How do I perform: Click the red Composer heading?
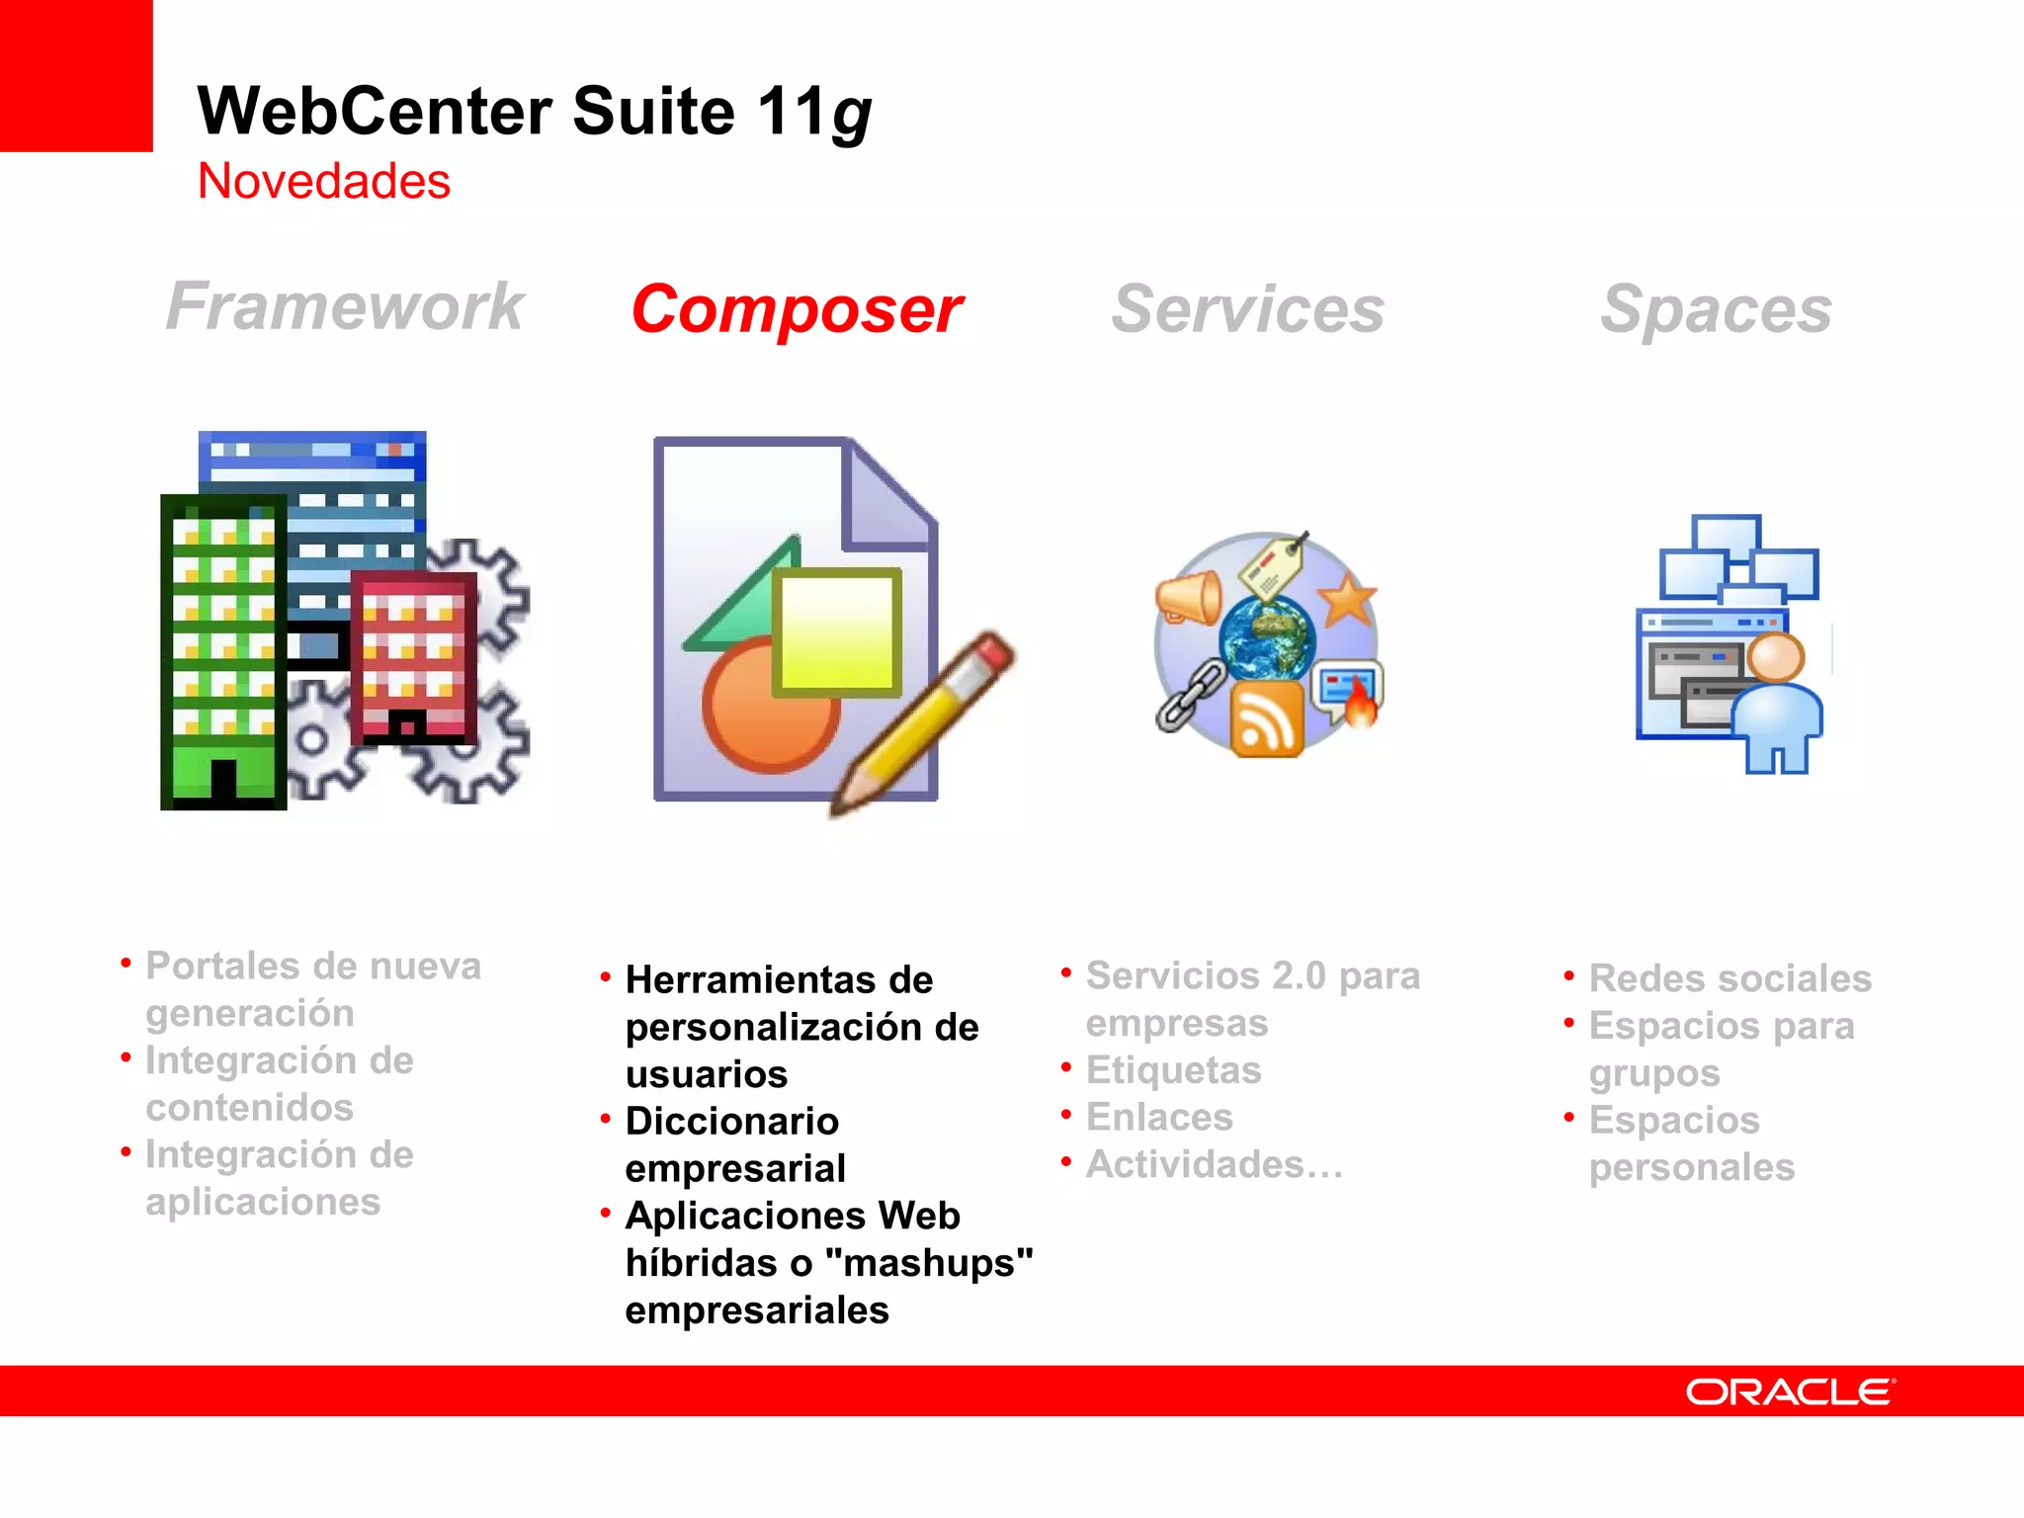[797, 310]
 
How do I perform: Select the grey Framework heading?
[344, 306]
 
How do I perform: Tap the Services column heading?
[1247, 310]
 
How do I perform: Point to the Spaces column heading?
[1716, 310]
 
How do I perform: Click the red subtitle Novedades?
[324, 182]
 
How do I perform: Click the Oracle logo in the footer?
[1790, 1391]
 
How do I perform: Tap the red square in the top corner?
[76, 75]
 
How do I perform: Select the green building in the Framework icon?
[223, 652]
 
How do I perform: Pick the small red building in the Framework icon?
[413, 657]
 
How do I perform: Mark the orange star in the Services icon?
[1347, 599]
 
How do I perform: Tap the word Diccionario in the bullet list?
[732, 1122]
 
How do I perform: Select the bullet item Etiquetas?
[1173, 1070]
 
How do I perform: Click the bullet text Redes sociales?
[1729, 978]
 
